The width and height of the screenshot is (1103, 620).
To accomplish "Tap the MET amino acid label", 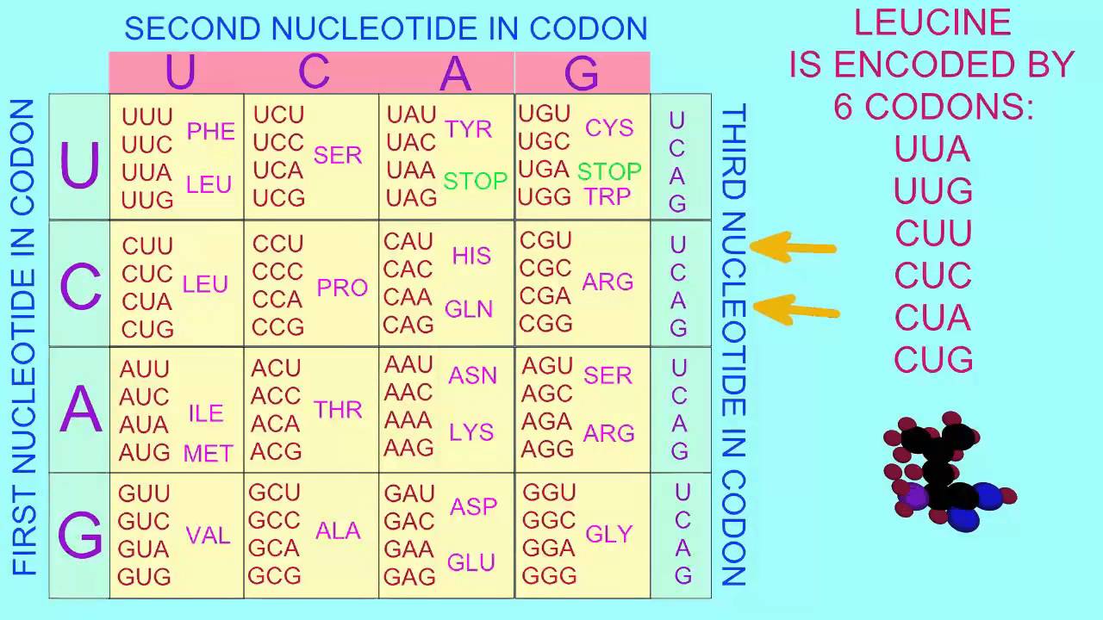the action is click(208, 453).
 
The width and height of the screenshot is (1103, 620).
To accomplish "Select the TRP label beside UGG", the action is click(608, 197).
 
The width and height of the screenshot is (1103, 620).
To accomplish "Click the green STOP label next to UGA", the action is click(609, 171).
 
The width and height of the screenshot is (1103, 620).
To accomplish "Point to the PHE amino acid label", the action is click(211, 131).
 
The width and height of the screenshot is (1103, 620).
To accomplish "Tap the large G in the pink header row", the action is click(582, 73).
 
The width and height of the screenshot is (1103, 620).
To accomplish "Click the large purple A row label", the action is click(80, 409).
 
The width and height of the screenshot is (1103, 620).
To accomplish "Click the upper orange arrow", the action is click(793, 247).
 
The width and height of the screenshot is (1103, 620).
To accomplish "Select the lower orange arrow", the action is click(796, 310).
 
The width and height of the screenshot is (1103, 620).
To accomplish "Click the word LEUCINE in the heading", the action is click(932, 22).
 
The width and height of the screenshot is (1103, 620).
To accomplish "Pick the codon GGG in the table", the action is click(549, 575).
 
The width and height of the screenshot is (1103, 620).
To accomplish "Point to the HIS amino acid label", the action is click(471, 256).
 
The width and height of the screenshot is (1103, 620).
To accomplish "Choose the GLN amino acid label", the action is click(468, 309).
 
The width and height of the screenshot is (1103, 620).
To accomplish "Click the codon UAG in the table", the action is click(411, 198).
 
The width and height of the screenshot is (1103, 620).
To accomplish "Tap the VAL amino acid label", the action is click(208, 536).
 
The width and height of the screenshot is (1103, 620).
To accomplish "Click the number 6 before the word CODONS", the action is click(843, 107).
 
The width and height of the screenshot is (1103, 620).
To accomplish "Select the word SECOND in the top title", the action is click(192, 28).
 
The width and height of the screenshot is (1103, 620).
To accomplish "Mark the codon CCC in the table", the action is click(277, 271).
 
